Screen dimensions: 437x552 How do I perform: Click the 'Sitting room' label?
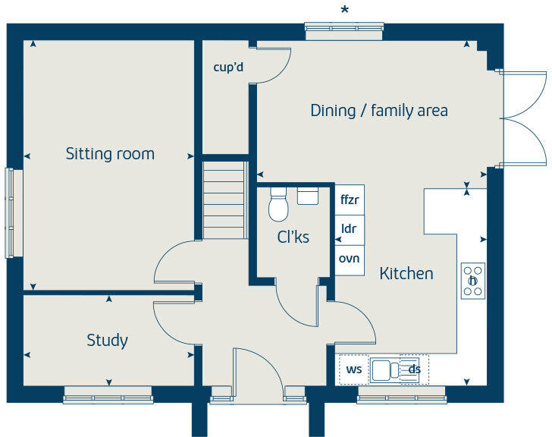tap(110, 154)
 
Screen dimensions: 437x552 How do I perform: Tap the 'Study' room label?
tap(107, 340)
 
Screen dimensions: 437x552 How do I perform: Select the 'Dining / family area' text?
tap(379, 111)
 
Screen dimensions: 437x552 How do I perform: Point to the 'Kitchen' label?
tap(406, 273)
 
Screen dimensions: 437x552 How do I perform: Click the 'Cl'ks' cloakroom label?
tap(293, 237)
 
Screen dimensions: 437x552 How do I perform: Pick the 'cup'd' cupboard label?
tap(228, 68)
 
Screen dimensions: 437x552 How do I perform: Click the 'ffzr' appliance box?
tap(350, 200)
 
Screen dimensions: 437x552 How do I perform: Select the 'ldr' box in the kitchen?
tap(350, 228)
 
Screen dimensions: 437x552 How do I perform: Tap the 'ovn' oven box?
tap(350, 258)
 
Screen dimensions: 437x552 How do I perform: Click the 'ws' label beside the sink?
tap(354, 369)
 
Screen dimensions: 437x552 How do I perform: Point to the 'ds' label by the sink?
tap(414, 369)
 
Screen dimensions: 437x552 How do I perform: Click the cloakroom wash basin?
tap(308, 196)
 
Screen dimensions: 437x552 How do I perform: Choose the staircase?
tap(225, 199)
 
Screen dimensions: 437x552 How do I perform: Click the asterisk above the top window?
tap(345, 10)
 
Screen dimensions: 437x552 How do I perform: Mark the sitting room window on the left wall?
tap(10, 213)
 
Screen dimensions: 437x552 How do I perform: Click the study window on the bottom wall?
tap(107, 394)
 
